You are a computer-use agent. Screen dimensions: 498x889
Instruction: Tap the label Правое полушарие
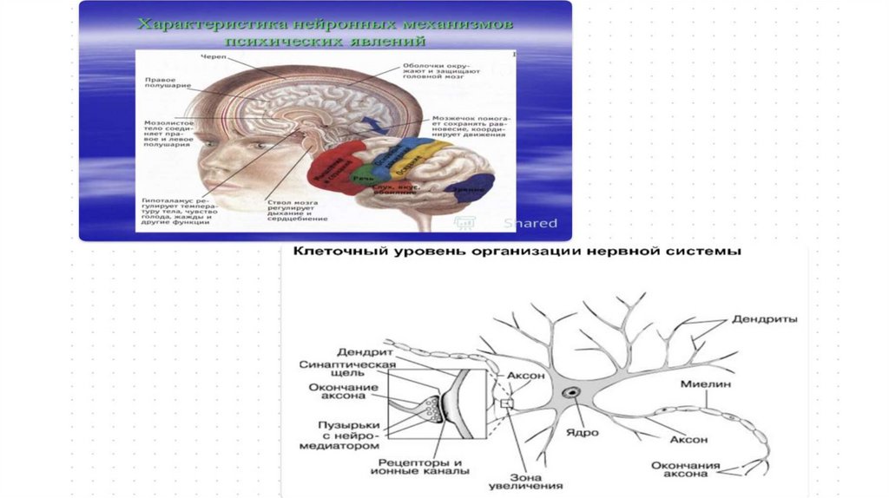coord(161,84)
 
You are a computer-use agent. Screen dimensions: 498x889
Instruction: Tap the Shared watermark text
coord(530,223)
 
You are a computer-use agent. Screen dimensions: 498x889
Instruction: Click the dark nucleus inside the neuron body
coord(573,394)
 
